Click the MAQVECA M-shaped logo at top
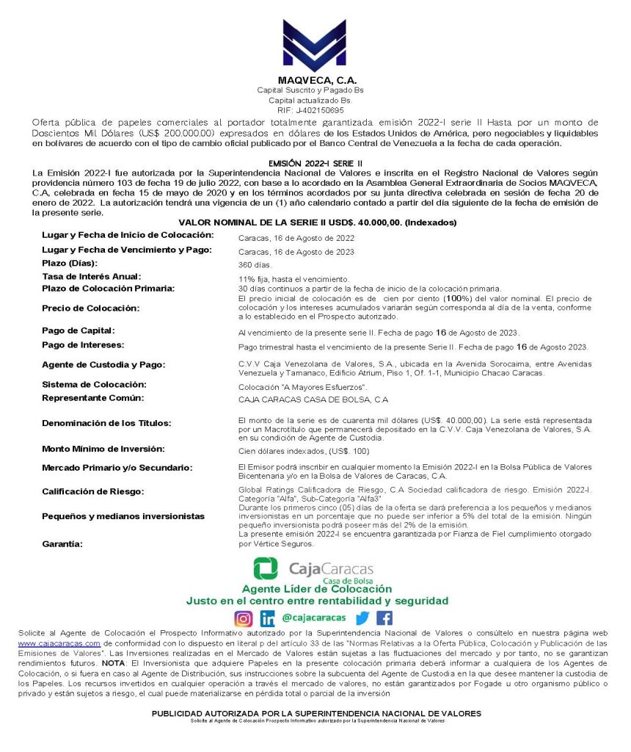[x=315, y=46]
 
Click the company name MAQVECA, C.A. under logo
[x=315, y=79]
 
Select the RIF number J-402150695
[x=315, y=109]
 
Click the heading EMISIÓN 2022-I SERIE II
[x=315, y=162]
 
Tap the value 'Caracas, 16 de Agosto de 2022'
[x=296, y=238]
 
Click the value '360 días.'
[x=255, y=264]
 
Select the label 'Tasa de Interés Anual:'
[x=91, y=276]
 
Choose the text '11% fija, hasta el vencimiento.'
[x=293, y=279]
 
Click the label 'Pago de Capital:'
[x=79, y=330]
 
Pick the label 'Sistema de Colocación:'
[x=94, y=384]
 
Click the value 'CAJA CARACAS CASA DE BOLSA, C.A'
[x=313, y=400]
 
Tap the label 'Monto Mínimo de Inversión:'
[x=103, y=448]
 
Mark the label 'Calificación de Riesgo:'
[x=92, y=491]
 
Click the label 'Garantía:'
[x=62, y=544]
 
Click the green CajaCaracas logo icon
[x=266, y=569]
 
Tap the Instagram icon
[x=243, y=618]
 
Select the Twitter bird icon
[x=362, y=618]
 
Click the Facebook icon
[x=384, y=618]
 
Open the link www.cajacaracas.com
[x=59, y=643]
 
